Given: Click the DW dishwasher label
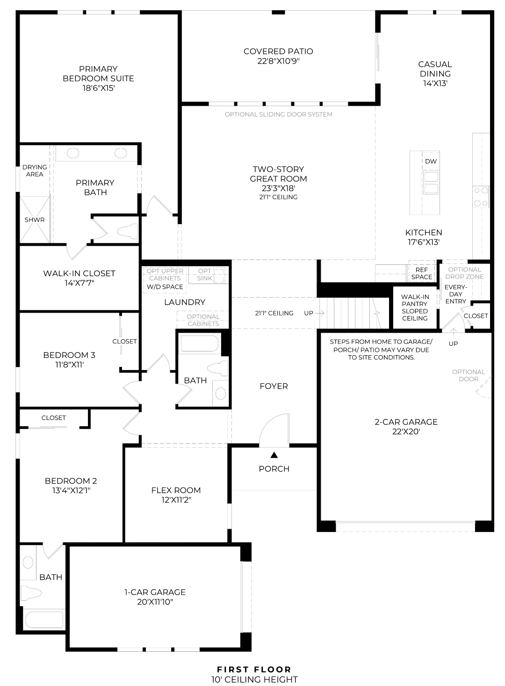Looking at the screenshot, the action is (x=431, y=161).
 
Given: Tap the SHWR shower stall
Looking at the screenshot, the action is (x=35, y=219).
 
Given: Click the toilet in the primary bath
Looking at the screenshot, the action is (x=127, y=231).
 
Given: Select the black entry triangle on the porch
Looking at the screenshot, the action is (x=274, y=455).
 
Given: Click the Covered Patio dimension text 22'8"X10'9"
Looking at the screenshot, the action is (x=278, y=61).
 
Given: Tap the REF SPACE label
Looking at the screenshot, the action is (x=421, y=273).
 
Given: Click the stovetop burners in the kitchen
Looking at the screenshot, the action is (x=481, y=197).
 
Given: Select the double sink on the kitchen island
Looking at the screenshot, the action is (x=431, y=183).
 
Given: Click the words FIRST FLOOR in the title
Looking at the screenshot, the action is (x=254, y=670).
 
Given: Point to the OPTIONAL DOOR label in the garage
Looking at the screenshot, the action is (x=468, y=375).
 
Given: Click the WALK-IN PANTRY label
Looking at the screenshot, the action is (x=415, y=300).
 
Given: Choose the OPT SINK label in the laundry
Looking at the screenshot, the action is (x=204, y=274).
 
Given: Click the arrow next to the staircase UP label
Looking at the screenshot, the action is (x=319, y=313).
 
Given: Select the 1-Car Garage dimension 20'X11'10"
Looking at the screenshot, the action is (x=155, y=602).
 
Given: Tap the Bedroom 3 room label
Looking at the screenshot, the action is (x=69, y=355).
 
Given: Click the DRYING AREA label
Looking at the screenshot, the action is (x=35, y=171).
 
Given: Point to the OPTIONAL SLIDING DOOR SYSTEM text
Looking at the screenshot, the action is (x=279, y=114).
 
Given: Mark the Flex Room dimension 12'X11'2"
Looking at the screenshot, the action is (x=176, y=500).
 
